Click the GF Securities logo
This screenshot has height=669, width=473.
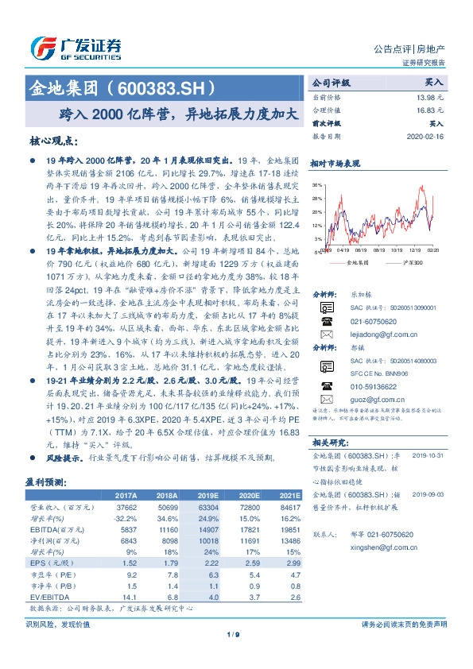75,48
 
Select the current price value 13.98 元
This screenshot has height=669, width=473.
429,96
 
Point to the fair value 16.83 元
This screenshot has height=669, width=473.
429,110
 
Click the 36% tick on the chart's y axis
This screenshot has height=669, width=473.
316,184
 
